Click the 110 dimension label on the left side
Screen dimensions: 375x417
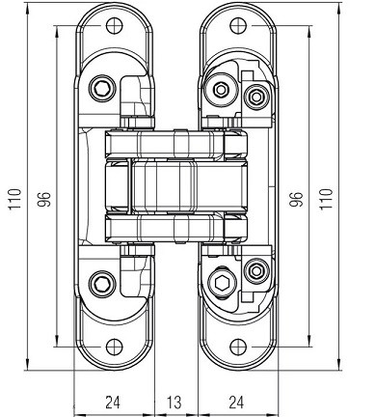14,199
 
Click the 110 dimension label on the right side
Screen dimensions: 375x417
325,199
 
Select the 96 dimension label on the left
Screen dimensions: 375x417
44,199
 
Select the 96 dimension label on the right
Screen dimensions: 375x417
296,199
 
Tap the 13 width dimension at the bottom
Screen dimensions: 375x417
174,403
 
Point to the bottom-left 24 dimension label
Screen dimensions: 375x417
113,403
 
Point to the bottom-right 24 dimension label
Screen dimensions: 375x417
236,403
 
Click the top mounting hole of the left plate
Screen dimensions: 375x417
115,25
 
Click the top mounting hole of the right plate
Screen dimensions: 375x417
238,25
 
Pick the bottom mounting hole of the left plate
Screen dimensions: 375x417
115,347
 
